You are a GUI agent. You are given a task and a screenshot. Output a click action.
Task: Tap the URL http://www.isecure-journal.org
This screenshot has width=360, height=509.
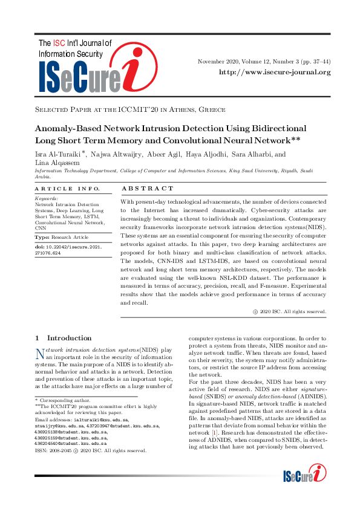(274, 72)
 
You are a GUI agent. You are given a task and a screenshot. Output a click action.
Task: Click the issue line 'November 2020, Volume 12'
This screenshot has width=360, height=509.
(241, 62)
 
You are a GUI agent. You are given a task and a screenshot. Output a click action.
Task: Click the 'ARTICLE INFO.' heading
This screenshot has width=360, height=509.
(59, 189)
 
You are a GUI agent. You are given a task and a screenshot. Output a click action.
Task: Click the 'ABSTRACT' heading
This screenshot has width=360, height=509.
(147, 189)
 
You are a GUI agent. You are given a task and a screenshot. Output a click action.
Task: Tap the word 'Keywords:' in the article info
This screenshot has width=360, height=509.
(47, 198)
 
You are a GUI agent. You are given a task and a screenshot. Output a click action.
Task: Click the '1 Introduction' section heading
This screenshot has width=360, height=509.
(64, 338)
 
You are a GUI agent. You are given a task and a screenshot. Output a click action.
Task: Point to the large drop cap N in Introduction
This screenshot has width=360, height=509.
(41, 354)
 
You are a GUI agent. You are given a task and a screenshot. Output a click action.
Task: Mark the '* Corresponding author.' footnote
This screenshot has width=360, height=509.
(63, 400)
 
